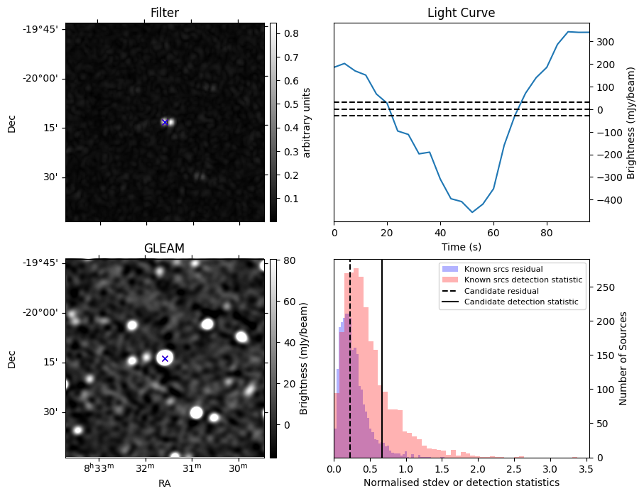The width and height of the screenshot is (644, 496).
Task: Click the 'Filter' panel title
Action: tap(165, 13)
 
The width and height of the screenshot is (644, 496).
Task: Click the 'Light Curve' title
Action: tap(461, 13)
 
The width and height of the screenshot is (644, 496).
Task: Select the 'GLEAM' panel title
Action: tap(165, 248)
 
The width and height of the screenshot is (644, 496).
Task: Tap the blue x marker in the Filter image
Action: tap(165, 122)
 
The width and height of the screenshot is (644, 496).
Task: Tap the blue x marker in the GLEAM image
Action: tap(165, 358)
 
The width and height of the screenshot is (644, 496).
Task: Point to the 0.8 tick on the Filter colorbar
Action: tap(290, 33)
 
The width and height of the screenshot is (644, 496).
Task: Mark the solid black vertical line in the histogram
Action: tap(382, 369)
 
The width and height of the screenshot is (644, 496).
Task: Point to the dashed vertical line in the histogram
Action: tap(350, 369)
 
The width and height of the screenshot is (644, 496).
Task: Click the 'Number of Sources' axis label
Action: tap(623, 358)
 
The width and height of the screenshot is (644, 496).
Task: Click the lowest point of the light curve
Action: tap(472, 212)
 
